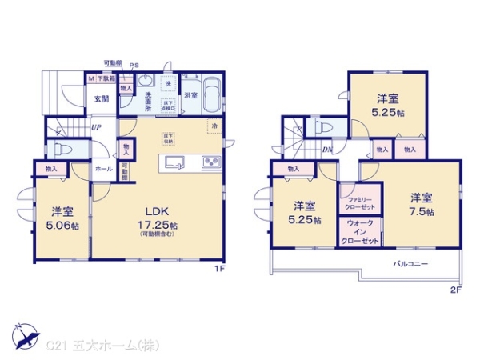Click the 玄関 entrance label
(x=101, y=98)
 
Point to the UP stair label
(x=95, y=127)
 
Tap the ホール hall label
(x=104, y=170)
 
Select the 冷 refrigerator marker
(x=214, y=126)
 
